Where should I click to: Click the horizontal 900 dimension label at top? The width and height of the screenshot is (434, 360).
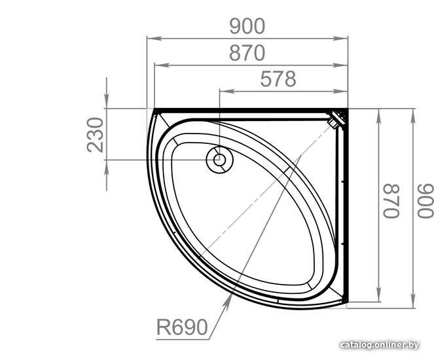pos(247,26)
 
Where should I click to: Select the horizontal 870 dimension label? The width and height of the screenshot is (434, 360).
pos(247,53)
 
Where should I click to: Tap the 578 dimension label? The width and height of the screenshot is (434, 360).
pos(278,79)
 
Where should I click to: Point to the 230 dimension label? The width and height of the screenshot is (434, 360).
pos(95,135)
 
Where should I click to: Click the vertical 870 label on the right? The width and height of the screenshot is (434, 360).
pos(391,201)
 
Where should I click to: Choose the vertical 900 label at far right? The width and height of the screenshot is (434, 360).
pos(425,201)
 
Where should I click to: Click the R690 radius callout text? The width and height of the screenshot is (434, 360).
pos(182,327)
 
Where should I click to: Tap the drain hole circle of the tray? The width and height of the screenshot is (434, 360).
pos(219,160)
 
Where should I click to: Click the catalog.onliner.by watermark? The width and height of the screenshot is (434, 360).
pos(380,345)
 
